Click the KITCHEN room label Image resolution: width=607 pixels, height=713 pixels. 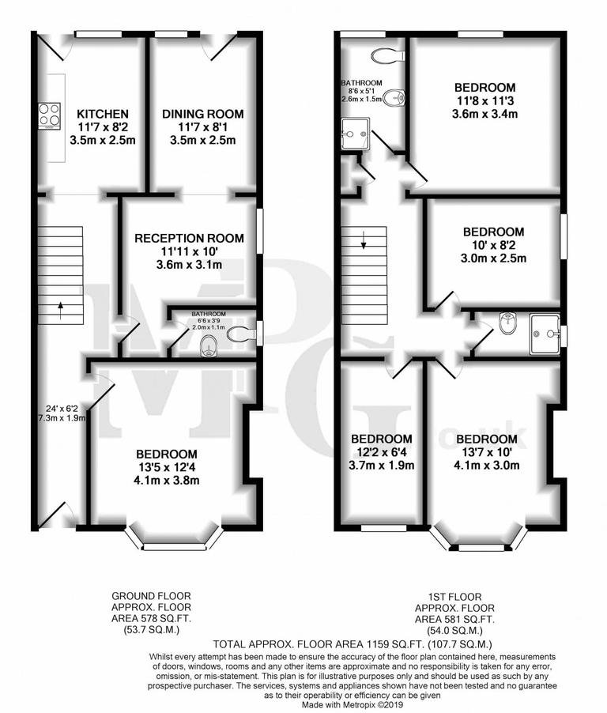tap(102, 115)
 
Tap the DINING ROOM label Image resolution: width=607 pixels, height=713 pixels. tap(203, 115)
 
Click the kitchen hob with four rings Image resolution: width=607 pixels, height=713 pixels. tap(49, 115)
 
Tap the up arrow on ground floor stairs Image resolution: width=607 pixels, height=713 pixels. tap(61, 309)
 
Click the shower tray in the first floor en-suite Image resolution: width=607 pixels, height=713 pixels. tap(545, 333)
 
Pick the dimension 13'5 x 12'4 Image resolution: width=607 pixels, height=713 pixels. tap(166, 468)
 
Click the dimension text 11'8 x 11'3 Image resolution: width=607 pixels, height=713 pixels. tap(484, 100)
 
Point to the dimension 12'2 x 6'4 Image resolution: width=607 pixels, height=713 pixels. tap(382, 452)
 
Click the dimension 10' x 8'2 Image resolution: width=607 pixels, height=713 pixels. tap(493, 245)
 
